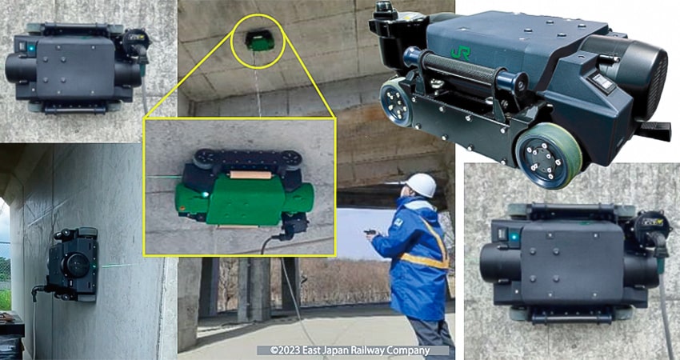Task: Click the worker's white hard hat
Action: click(x=421, y=185)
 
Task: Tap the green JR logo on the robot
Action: click(x=460, y=53)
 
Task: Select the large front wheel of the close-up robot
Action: click(x=548, y=155)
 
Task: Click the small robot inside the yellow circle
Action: click(x=260, y=41)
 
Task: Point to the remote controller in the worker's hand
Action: click(x=370, y=232)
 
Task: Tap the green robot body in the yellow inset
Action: click(x=244, y=199)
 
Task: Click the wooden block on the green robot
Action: click(x=250, y=174)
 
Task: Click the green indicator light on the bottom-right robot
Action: click(x=514, y=237)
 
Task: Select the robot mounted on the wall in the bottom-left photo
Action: click(x=71, y=265)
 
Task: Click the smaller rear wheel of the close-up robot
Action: click(x=396, y=103)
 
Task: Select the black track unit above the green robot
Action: click(x=247, y=158)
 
